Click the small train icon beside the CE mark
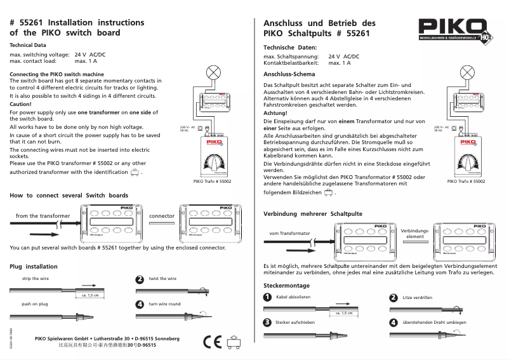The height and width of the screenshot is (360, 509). click(234, 342)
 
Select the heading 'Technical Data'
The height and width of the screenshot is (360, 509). click(28, 46)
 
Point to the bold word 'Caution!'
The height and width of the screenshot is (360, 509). click(21, 103)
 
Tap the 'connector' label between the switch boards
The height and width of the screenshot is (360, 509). click(161, 216)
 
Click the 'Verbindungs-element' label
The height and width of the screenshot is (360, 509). click(415, 232)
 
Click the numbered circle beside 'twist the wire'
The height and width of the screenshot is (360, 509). click(140, 279)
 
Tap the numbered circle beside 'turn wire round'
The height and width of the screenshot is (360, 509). click(140, 305)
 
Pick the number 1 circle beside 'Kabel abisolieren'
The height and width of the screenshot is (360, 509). click(268, 297)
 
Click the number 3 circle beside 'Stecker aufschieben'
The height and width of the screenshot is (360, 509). click(268, 322)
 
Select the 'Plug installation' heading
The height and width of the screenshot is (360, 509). click(34, 267)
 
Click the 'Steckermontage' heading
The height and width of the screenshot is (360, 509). click(287, 286)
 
